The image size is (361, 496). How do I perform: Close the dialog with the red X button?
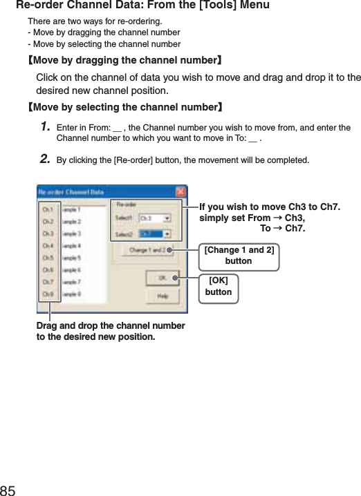pyautogui.click(x=180, y=191)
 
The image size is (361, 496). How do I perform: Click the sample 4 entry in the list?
pyautogui.click(x=73, y=245)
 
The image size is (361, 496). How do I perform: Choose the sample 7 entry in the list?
pyautogui.click(x=73, y=282)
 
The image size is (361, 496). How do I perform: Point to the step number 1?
pyautogui.click(x=46, y=127)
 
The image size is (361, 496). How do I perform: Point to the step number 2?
pyautogui.click(x=46, y=160)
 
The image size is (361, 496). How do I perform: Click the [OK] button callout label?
pyautogui.click(x=219, y=286)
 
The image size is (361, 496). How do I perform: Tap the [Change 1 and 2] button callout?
pyautogui.click(x=239, y=255)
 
